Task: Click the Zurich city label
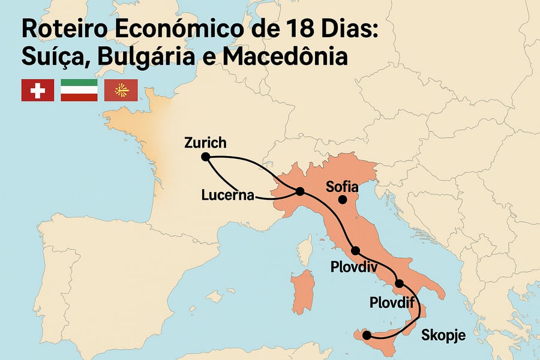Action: (x=206, y=143)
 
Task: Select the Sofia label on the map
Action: (x=342, y=187)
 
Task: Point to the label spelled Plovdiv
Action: (x=353, y=266)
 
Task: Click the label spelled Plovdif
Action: (x=393, y=301)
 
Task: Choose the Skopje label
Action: (x=443, y=335)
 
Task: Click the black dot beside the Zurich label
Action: (x=205, y=157)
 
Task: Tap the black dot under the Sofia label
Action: (x=342, y=200)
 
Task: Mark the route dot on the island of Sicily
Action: (x=367, y=335)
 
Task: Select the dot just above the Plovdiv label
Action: (x=355, y=251)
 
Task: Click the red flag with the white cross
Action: (x=38, y=90)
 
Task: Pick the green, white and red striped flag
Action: (x=79, y=90)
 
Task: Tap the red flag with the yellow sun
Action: (x=121, y=90)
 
